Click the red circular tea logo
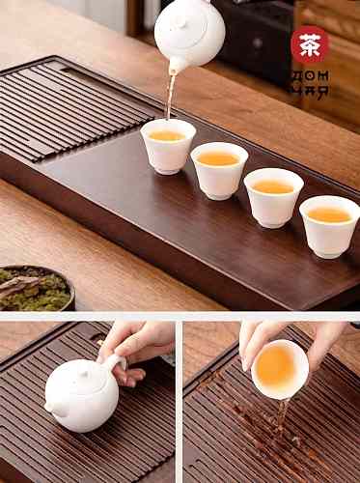310,44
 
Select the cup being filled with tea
168,146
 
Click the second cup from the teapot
219,171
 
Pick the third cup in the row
273,198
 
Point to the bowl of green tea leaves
36,288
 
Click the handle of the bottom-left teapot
117,364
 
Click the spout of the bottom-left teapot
50,407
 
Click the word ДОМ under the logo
310,76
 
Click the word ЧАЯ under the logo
310,91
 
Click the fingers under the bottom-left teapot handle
127,376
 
